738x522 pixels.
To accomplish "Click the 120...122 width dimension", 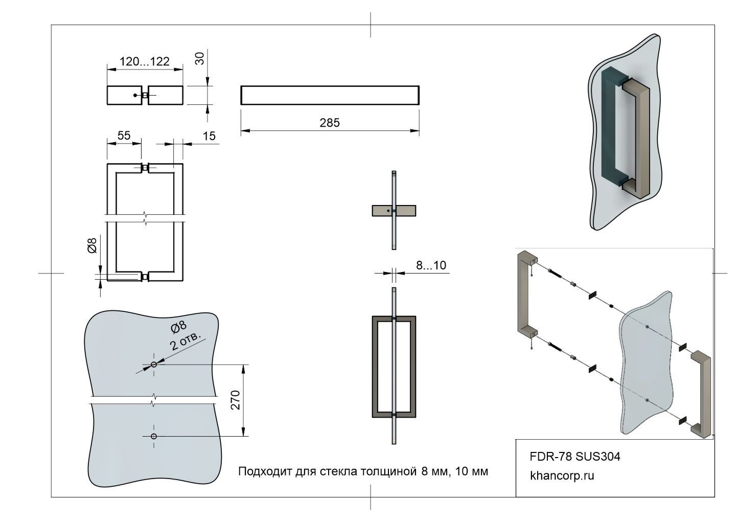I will click(x=144, y=62).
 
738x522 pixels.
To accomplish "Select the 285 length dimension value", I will click(x=330, y=123).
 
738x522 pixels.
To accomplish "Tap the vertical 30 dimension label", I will click(x=200, y=58).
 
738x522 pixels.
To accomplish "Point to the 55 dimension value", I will click(x=124, y=135).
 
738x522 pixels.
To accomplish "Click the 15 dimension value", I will click(x=209, y=136).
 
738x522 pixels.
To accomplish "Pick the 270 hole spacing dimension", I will click(x=236, y=400).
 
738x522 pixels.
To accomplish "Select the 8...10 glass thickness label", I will click(x=430, y=265).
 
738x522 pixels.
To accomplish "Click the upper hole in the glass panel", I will click(x=154, y=365).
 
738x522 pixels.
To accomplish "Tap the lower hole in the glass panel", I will click(x=154, y=436).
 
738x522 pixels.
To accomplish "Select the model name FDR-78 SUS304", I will click(x=575, y=457).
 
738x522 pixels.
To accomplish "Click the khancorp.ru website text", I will click(x=562, y=476).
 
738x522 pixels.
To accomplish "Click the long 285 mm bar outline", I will click(x=330, y=95).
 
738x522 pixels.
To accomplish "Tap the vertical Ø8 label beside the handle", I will click(x=93, y=246).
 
